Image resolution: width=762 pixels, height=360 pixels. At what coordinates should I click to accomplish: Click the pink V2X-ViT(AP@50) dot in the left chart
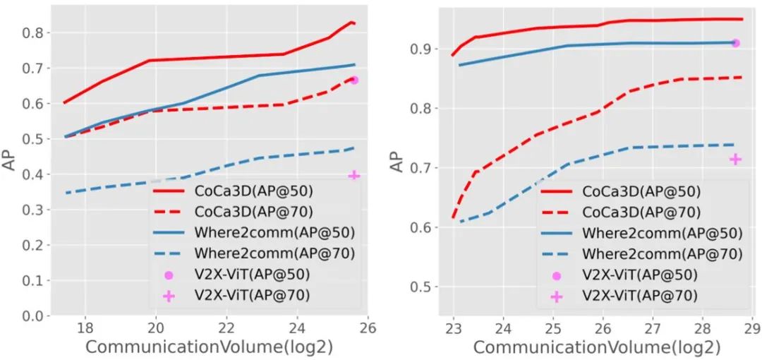pos(354,80)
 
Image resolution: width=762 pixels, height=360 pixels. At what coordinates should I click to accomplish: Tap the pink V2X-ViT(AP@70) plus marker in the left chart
pos(354,175)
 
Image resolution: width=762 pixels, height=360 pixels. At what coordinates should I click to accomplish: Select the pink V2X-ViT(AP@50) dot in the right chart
pos(736,43)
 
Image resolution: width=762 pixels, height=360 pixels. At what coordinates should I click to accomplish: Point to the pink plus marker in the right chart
pos(735,160)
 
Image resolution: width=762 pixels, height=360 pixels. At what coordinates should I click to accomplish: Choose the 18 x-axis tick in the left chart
pos(85,328)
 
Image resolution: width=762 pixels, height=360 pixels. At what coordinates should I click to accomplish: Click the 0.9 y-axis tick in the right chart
pos(422,49)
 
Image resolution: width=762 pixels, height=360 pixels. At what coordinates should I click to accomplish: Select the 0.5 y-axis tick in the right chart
pos(422,287)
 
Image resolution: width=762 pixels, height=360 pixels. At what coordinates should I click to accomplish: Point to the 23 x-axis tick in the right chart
pos(454,328)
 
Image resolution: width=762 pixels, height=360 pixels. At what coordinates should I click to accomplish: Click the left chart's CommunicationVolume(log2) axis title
pos(209,347)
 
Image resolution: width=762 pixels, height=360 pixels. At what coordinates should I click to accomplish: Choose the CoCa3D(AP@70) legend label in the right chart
pos(641,212)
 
